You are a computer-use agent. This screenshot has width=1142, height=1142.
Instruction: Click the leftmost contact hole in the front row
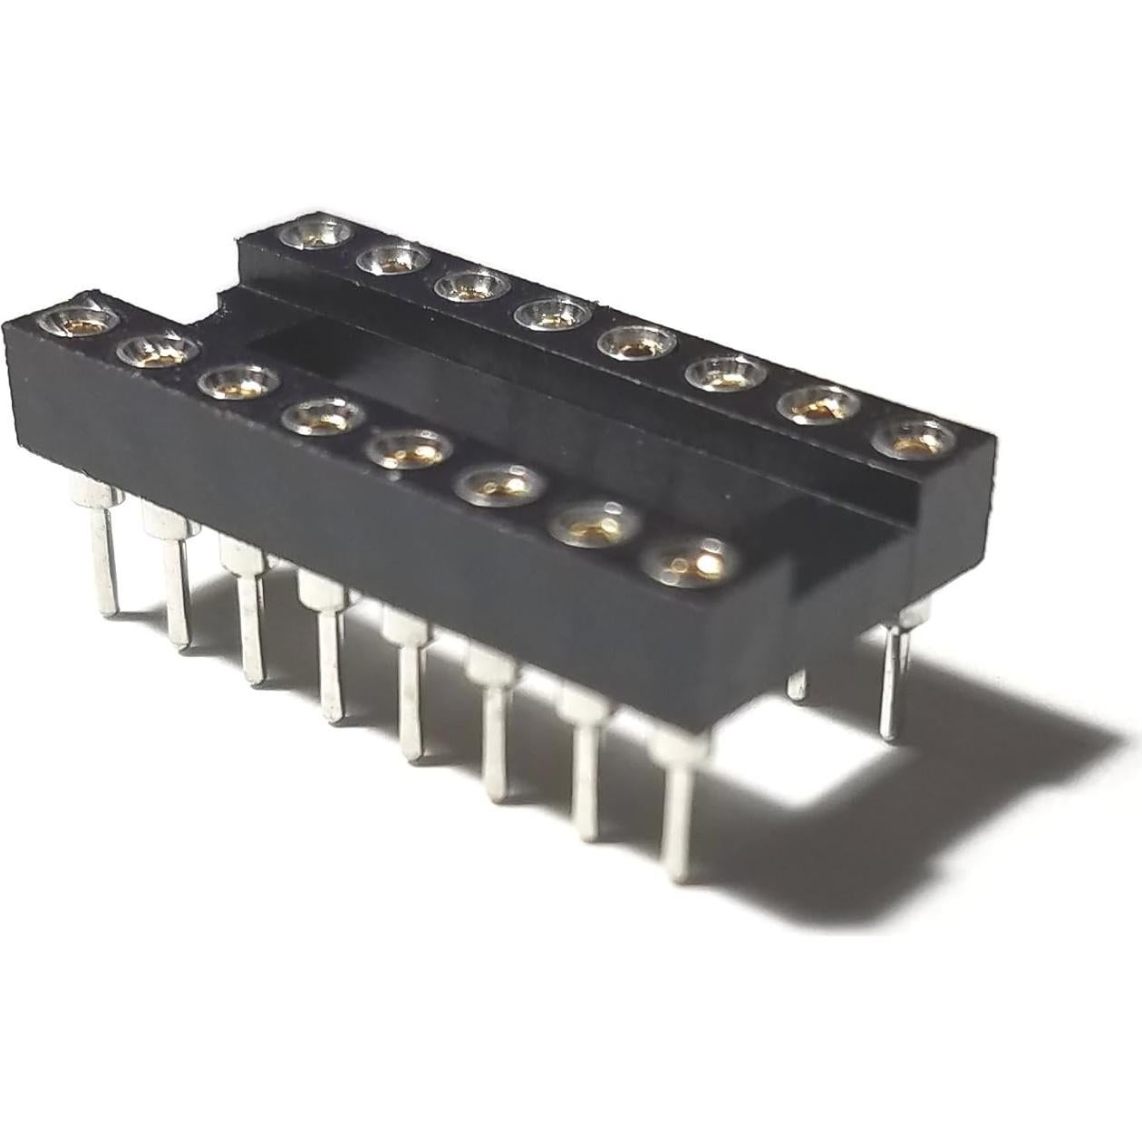pos(76,320)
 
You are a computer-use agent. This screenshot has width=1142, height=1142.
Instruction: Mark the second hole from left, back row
pos(392,261)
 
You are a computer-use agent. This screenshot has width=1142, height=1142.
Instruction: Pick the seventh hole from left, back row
pos(818,407)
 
